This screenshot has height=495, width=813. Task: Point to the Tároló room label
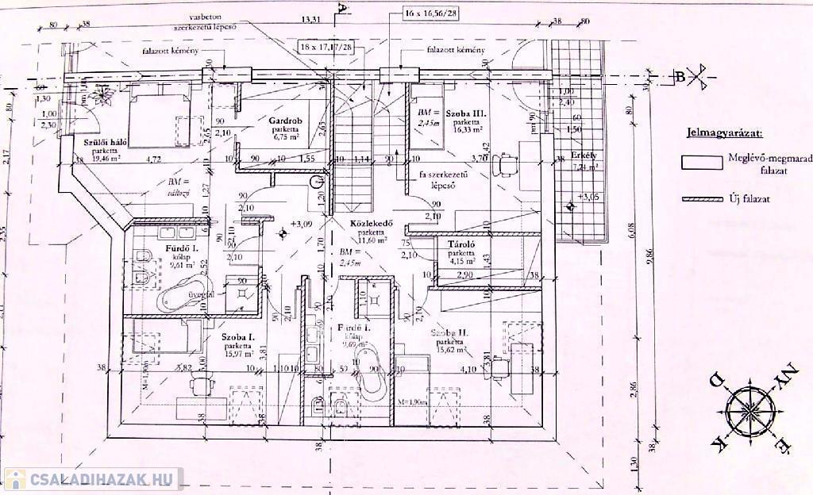click(460, 244)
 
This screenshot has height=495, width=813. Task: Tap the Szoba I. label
click(237, 337)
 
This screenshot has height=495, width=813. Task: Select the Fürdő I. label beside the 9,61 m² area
click(180, 247)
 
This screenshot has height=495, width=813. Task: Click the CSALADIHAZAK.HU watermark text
click(102, 480)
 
